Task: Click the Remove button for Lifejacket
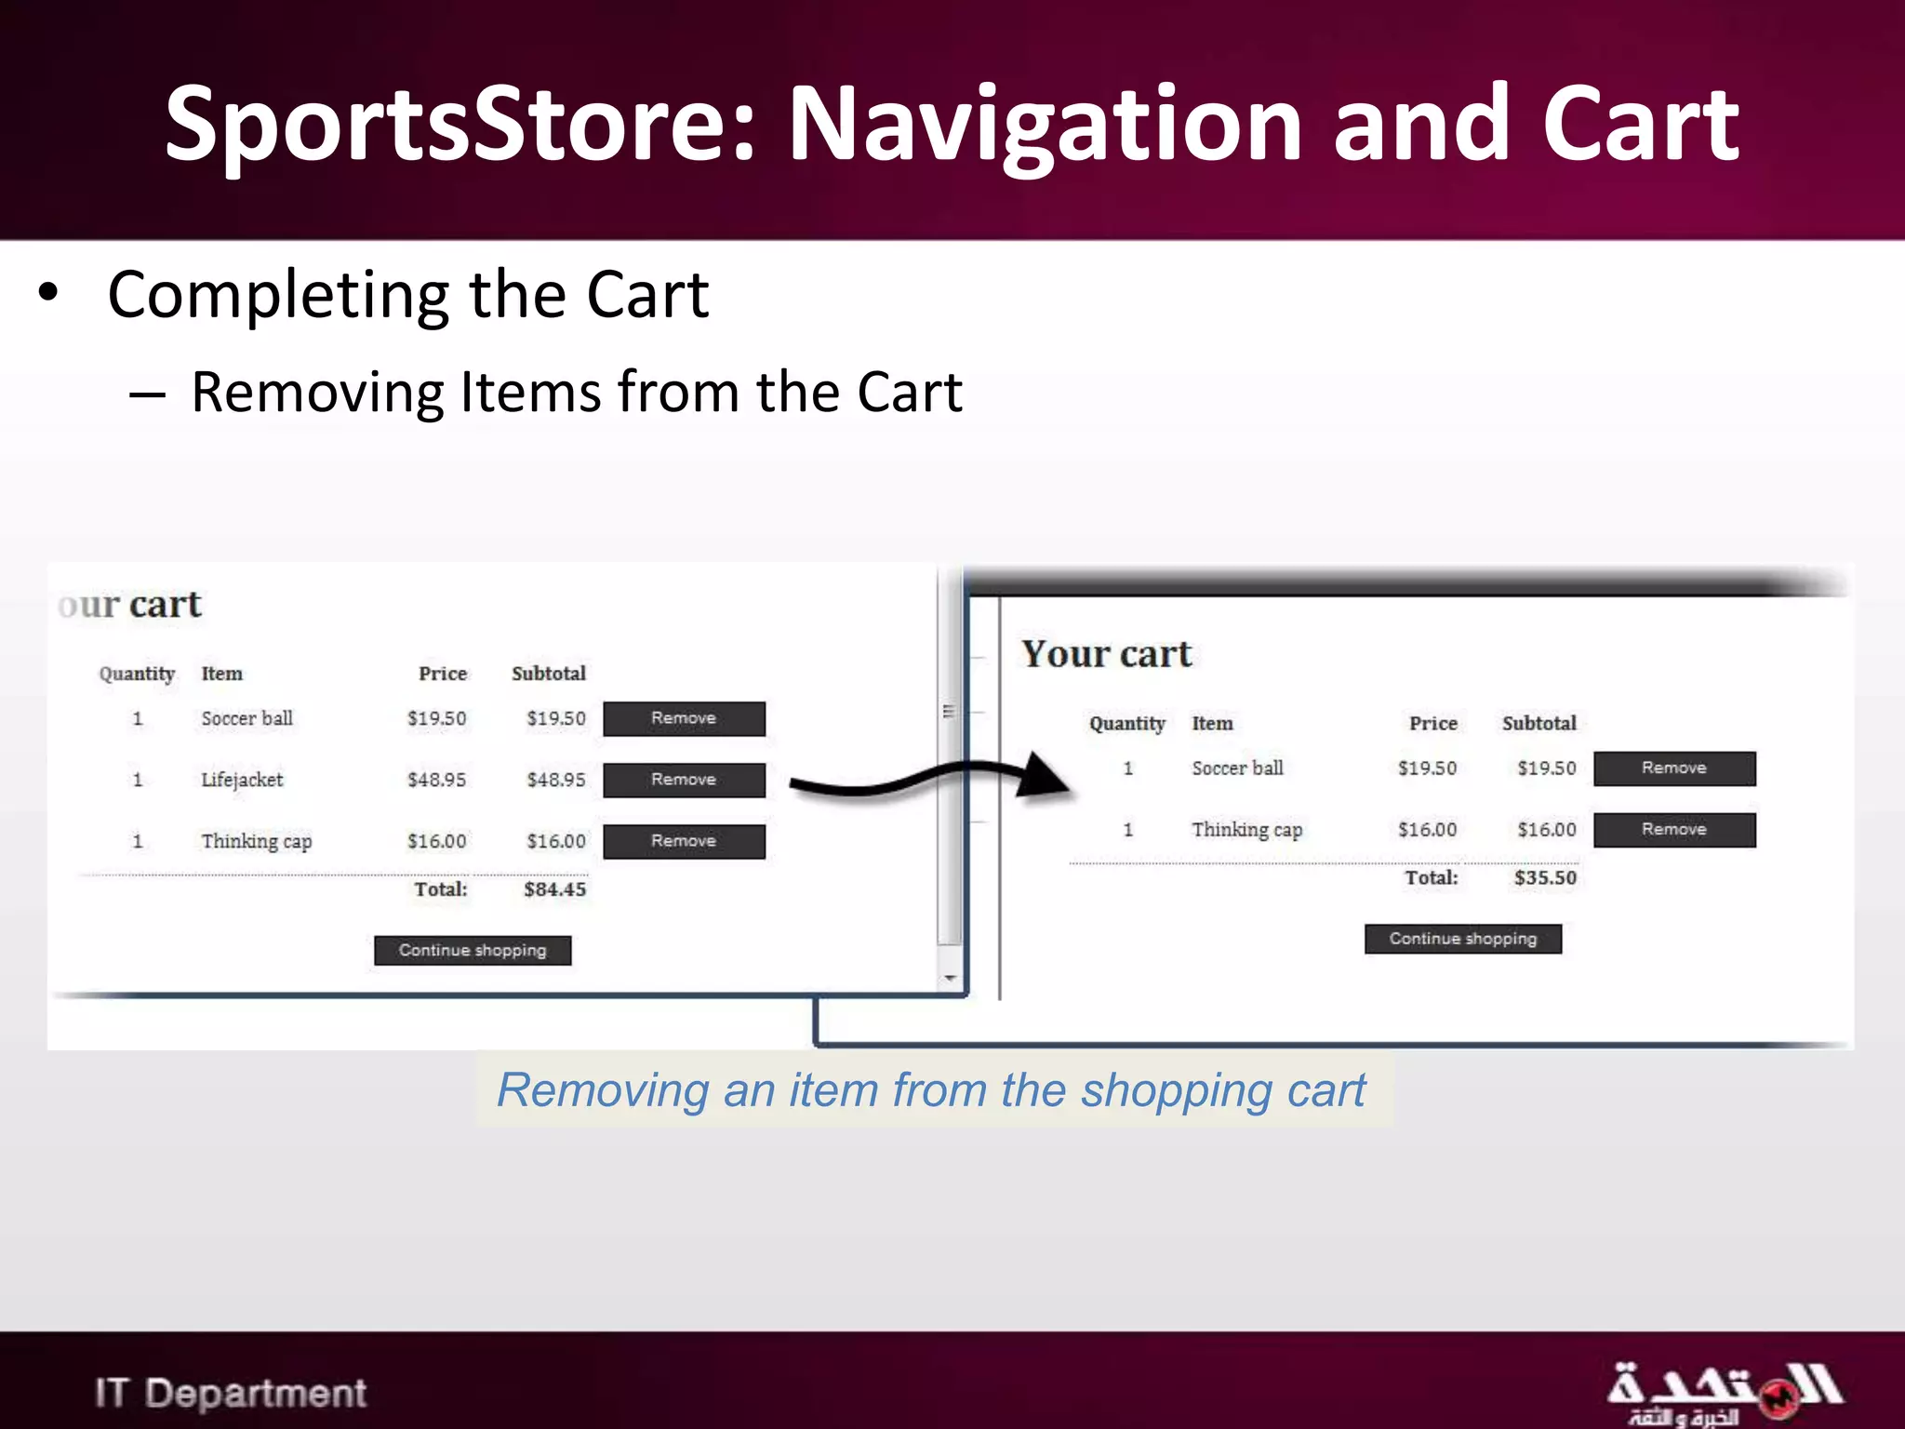click(684, 780)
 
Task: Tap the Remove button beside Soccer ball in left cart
click(684, 718)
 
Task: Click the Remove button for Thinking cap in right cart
click(1673, 829)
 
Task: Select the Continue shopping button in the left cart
click(473, 950)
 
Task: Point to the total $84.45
click(554, 888)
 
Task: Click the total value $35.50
click(1545, 877)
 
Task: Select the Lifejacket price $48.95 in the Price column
click(436, 780)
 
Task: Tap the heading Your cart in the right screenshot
click(1106, 654)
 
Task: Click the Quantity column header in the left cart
click(137, 674)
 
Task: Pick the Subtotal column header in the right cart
click(1539, 723)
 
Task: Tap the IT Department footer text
click(230, 1393)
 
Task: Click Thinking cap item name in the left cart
click(256, 841)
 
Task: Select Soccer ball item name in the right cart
click(1237, 768)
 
